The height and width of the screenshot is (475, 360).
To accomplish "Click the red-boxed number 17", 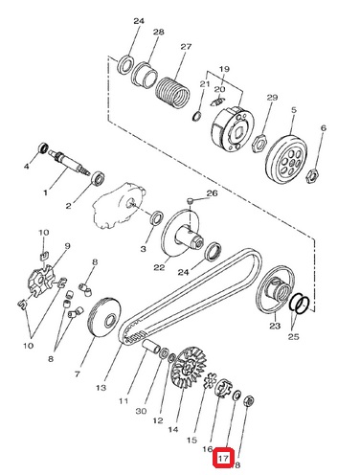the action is coord(223,459).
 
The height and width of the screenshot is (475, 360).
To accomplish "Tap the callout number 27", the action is coord(186,47).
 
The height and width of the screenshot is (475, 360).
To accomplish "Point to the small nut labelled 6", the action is coord(309,176).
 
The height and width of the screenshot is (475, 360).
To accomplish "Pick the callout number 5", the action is coord(294,110).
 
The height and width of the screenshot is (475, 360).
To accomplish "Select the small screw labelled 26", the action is coord(190,201).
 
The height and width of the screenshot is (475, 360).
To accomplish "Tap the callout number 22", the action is coord(159,267).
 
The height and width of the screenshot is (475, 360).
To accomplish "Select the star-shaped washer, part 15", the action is coord(211,381).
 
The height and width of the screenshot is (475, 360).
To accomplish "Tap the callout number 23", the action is coord(275,326).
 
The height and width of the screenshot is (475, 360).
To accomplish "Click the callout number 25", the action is coord(293,336).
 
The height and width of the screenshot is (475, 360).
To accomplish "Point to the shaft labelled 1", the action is coord(70,163).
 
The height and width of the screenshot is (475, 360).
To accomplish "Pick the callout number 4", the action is coord(27,167).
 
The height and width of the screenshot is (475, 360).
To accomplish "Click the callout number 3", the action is coord(143,249).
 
